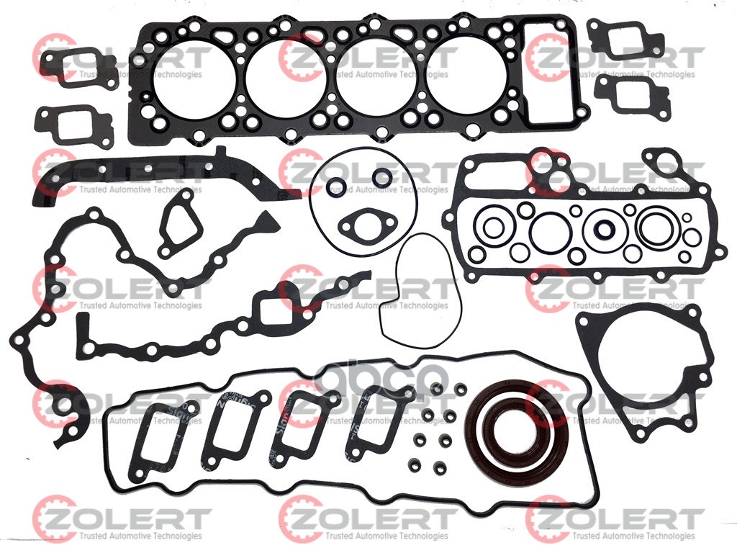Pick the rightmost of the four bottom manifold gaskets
(x=375, y=422)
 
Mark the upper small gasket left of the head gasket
(x=78, y=68)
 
